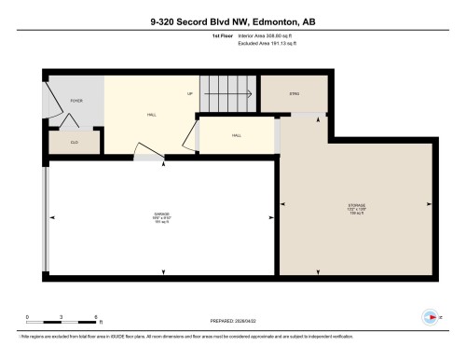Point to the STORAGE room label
click(357, 206)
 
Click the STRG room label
click(295, 94)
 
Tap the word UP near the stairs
click(189, 94)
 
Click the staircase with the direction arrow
click(228, 94)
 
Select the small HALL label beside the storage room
click(237, 136)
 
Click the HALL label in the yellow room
click(151, 116)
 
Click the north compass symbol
click(430, 316)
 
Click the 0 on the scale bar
click(28, 318)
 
